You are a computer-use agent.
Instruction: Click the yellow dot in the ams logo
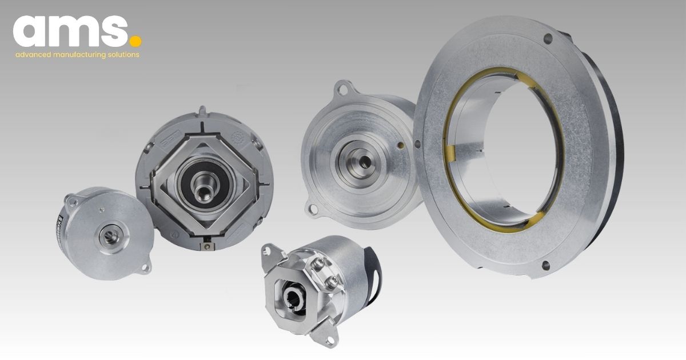tap(135, 41)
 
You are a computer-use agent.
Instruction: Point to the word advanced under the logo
tap(33, 55)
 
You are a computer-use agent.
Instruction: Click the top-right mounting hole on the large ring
tap(548, 39)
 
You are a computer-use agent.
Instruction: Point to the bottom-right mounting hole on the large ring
tap(544, 264)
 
